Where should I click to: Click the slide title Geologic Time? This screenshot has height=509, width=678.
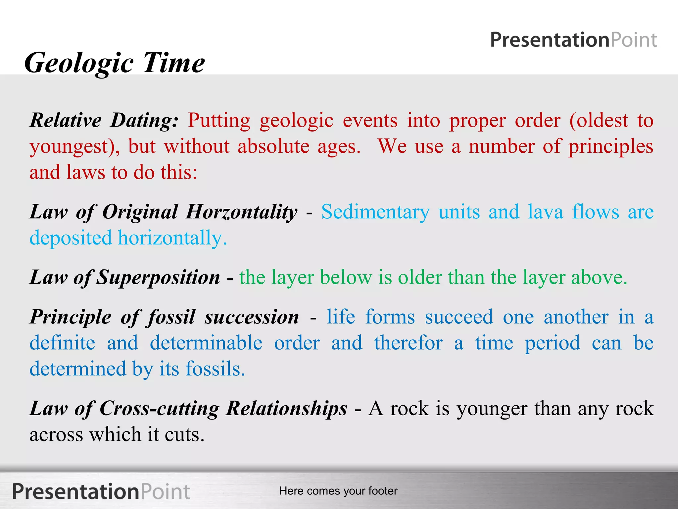115,63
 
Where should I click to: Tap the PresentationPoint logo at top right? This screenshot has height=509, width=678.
573,40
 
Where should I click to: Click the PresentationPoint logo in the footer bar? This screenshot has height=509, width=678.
101,491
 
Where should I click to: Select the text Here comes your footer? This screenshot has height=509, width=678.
338,491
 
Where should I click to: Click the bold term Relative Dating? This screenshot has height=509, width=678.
104,120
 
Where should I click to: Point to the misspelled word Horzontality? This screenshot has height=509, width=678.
241,212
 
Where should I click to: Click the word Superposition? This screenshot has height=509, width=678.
158,277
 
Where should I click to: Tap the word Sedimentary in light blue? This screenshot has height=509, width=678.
375,212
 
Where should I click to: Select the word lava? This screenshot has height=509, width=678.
545,212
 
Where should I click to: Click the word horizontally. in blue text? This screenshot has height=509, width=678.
172,238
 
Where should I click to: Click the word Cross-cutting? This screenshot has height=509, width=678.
159,408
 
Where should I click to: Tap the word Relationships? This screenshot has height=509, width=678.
286,408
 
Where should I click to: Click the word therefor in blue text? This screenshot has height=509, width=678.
408,343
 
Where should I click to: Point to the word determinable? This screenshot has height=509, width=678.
206,343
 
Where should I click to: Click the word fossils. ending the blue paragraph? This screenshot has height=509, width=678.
215,369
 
